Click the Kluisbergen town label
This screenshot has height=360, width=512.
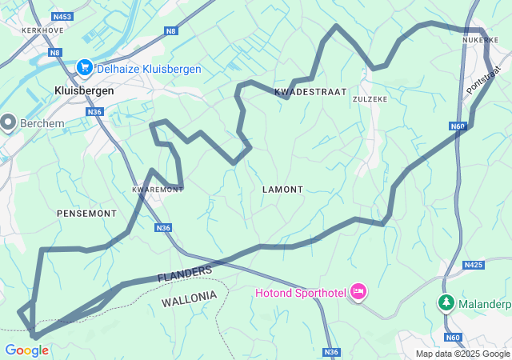[83, 90]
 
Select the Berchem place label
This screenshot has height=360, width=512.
[42, 123]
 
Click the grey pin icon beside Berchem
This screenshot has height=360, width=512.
[9, 122]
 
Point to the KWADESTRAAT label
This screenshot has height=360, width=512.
[310, 92]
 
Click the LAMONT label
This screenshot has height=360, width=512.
[282, 190]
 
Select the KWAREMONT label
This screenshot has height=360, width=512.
[158, 190]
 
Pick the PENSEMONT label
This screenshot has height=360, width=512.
[86, 214]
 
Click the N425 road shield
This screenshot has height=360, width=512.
[474, 265]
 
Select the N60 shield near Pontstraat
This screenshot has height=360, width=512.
[457, 126]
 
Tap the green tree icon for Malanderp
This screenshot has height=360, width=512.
[446, 303]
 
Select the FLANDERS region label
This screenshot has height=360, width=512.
[185, 274]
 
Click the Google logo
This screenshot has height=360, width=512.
[26, 350]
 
